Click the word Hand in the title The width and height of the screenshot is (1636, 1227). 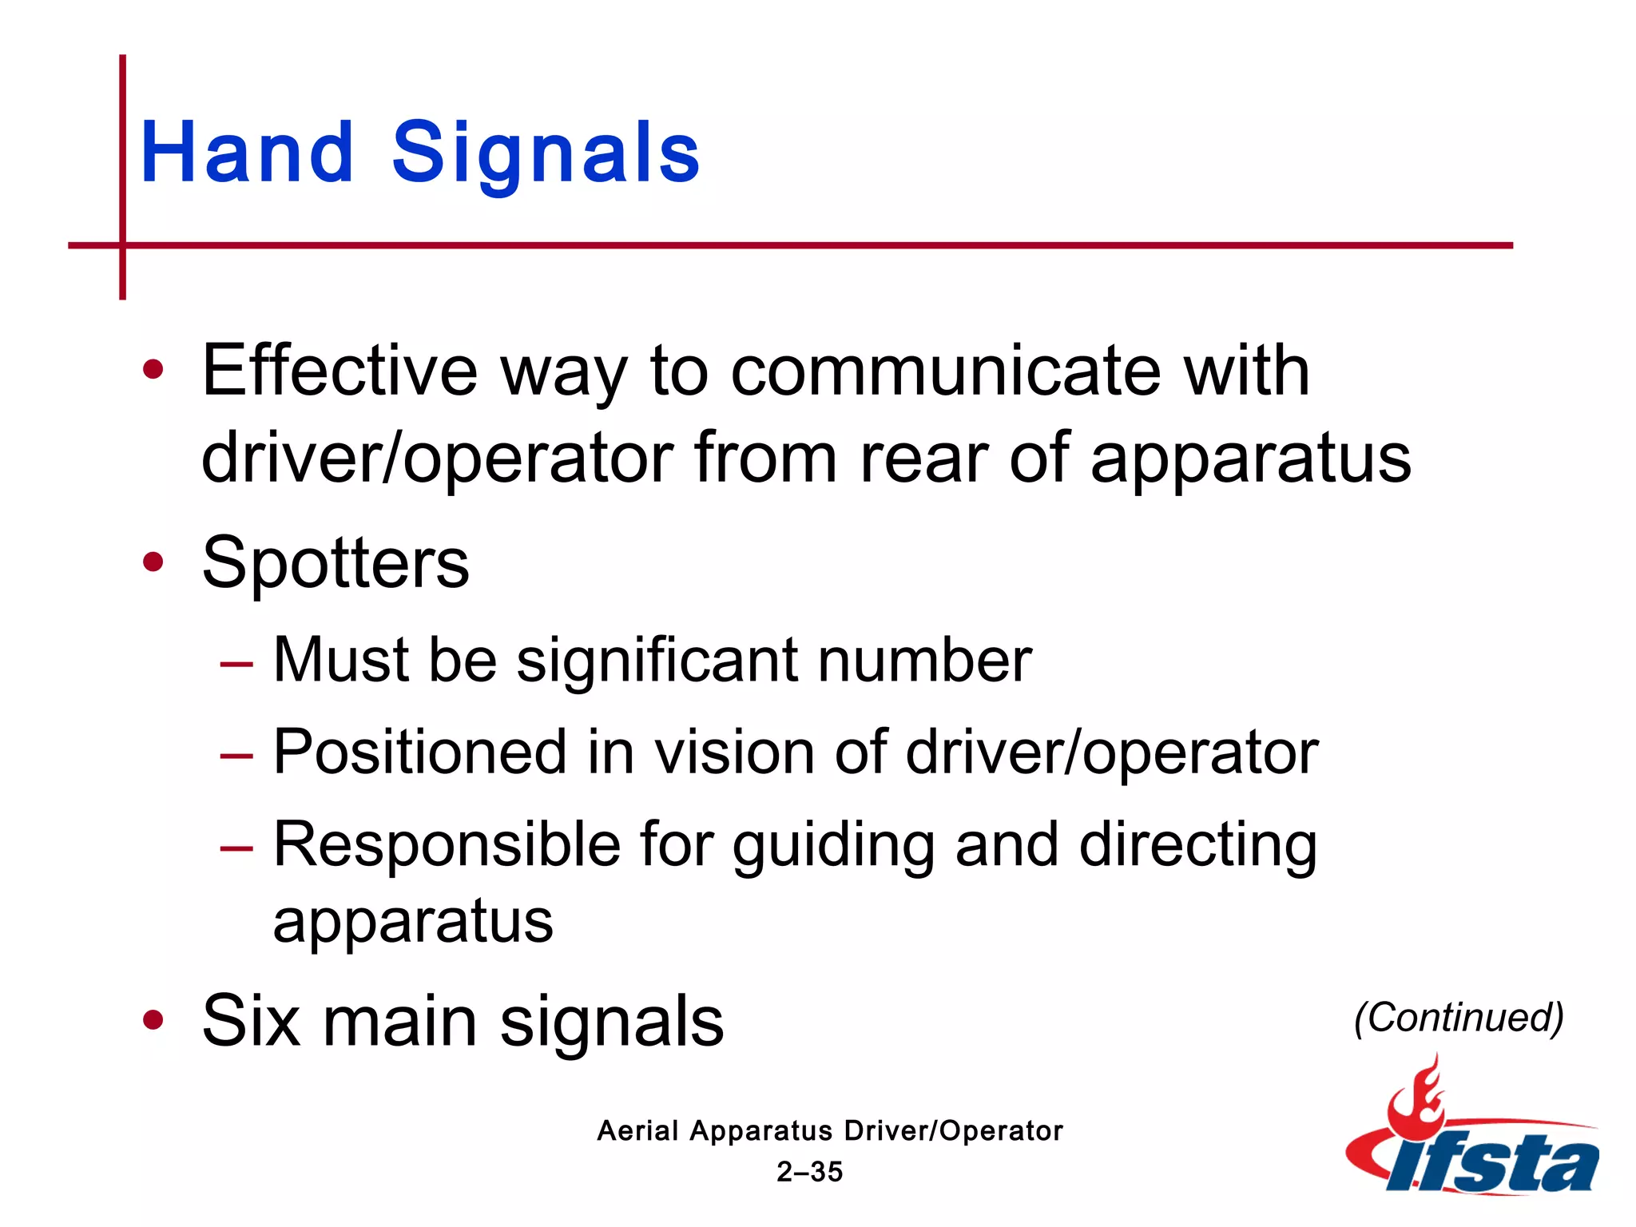pos(247,152)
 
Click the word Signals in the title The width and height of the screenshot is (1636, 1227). pos(546,153)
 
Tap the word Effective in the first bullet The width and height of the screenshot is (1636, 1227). pos(340,371)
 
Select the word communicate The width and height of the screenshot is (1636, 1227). pos(946,371)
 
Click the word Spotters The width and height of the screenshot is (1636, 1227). pos(336,564)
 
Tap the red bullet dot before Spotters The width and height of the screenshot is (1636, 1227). pos(153,562)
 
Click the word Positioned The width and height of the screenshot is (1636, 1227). pos(420,752)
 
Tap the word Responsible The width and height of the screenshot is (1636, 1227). pos(447,844)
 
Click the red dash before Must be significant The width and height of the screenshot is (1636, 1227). pos(236,663)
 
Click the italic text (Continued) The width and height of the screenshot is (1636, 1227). pos(1459,1018)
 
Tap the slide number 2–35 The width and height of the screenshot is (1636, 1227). pos(809,1172)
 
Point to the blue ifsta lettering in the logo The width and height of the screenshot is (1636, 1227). pos(1494,1162)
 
